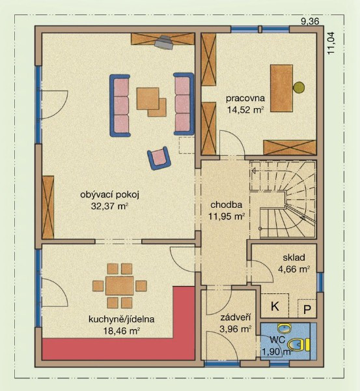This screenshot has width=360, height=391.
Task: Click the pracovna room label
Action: pyautogui.click(x=245, y=98)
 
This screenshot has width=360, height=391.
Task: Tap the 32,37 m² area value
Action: pyautogui.click(x=109, y=206)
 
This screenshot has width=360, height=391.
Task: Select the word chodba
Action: pyautogui.click(x=226, y=205)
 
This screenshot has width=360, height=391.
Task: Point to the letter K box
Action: pyautogui.click(x=275, y=306)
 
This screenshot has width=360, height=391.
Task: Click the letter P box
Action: pyautogui.click(x=307, y=309)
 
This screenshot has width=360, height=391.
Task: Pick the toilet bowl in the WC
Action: pyautogui.click(x=298, y=345)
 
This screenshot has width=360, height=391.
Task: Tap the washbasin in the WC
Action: pyautogui.click(x=285, y=328)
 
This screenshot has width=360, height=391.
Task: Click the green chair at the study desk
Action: pyautogui.click(x=298, y=87)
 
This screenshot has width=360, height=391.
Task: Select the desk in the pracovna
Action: pyautogui.click(x=281, y=88)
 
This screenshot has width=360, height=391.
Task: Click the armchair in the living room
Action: pyautogui.click(x=159, y=158)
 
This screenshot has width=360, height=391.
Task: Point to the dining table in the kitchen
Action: pyautogui.click(x=120, y=286)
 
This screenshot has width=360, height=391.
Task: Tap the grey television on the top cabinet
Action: pyautogui.click(x=163, y=42)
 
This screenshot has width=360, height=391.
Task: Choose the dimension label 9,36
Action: pyautogui.click(x=310, y=22)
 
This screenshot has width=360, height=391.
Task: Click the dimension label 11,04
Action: pyautogui.click(x=331, y=44)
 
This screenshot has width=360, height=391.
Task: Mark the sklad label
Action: pyautogui.click(x=294, y=257)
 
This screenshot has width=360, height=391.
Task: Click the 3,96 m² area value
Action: pyautogui.click(x=235, y=329)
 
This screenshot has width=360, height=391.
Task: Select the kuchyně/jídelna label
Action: pyautogui.click(x=121, y=319)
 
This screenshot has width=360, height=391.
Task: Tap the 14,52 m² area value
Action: pyautogui.click(x=245, y=109)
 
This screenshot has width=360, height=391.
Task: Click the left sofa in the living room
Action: pyautogui.click(x=120, y=106)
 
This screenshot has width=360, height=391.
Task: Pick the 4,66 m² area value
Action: pyautogui.click(x=294, y=269)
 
